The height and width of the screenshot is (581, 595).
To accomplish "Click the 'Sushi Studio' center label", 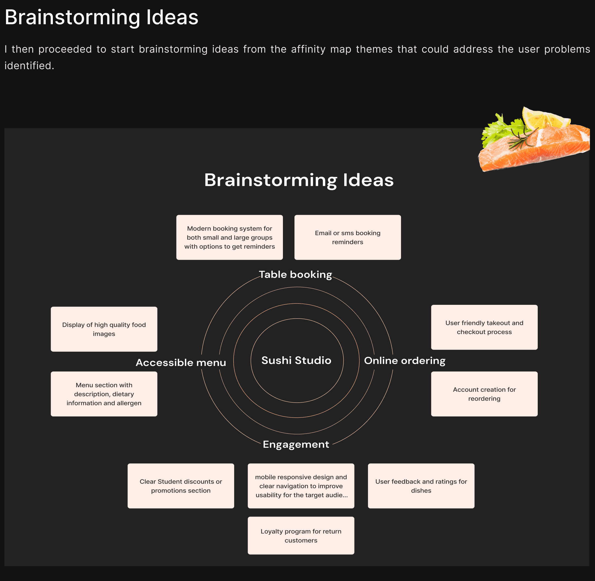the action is (x=296, y=360).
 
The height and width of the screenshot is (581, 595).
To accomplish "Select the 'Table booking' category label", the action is (x=296, y=275).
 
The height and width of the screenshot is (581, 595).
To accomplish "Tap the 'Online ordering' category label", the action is (x=405, y=361).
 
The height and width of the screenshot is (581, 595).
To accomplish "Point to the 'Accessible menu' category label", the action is (x=181, y=363).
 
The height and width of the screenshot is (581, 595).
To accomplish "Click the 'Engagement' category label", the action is (x=296, y=444).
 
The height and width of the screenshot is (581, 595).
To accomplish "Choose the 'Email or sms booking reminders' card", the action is (x=348, y=237).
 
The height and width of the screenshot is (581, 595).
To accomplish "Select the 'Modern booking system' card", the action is (x=230, y=237).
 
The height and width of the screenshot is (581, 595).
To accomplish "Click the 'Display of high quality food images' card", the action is (x=104, y=329).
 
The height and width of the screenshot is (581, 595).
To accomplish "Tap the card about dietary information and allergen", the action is (x=104, y=394).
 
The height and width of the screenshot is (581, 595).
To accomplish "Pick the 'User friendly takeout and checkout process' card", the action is (x=484, y=327).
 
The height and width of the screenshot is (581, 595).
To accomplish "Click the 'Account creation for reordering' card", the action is (x=484, y=394).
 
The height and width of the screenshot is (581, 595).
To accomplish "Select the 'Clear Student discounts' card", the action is (x=181, y=486).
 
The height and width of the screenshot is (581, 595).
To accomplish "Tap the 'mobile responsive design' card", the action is (x=301, y=486).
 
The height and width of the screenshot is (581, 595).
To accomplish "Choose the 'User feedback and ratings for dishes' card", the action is (x=421, y=486).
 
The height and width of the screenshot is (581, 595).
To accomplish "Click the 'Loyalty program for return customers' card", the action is (x=301, y=536).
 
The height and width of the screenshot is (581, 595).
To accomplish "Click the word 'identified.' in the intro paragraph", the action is (x=29, y=66).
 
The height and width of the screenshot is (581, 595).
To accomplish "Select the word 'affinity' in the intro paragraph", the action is (x=308, y=49).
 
